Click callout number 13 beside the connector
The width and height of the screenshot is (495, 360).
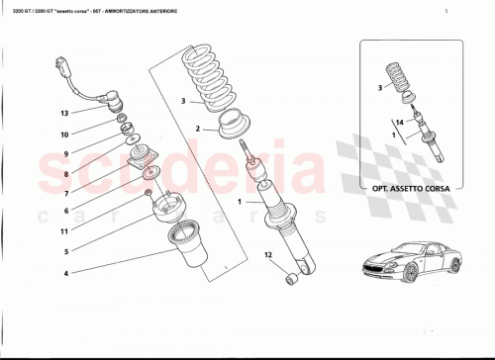point(64,114)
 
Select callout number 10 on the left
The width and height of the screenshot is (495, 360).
point(64,134)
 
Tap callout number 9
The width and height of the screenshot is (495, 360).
point(64,153)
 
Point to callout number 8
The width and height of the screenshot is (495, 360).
point(64,173)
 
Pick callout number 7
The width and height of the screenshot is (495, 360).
point(64,193)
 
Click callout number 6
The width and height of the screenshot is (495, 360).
point(64,211)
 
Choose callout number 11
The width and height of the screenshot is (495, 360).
point(64,230)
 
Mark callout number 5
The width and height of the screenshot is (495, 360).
point(64,250)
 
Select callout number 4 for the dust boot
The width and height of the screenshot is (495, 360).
point(64,273)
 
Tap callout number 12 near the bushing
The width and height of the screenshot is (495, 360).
point(266,256)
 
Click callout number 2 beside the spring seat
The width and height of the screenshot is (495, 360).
point(197,130)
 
